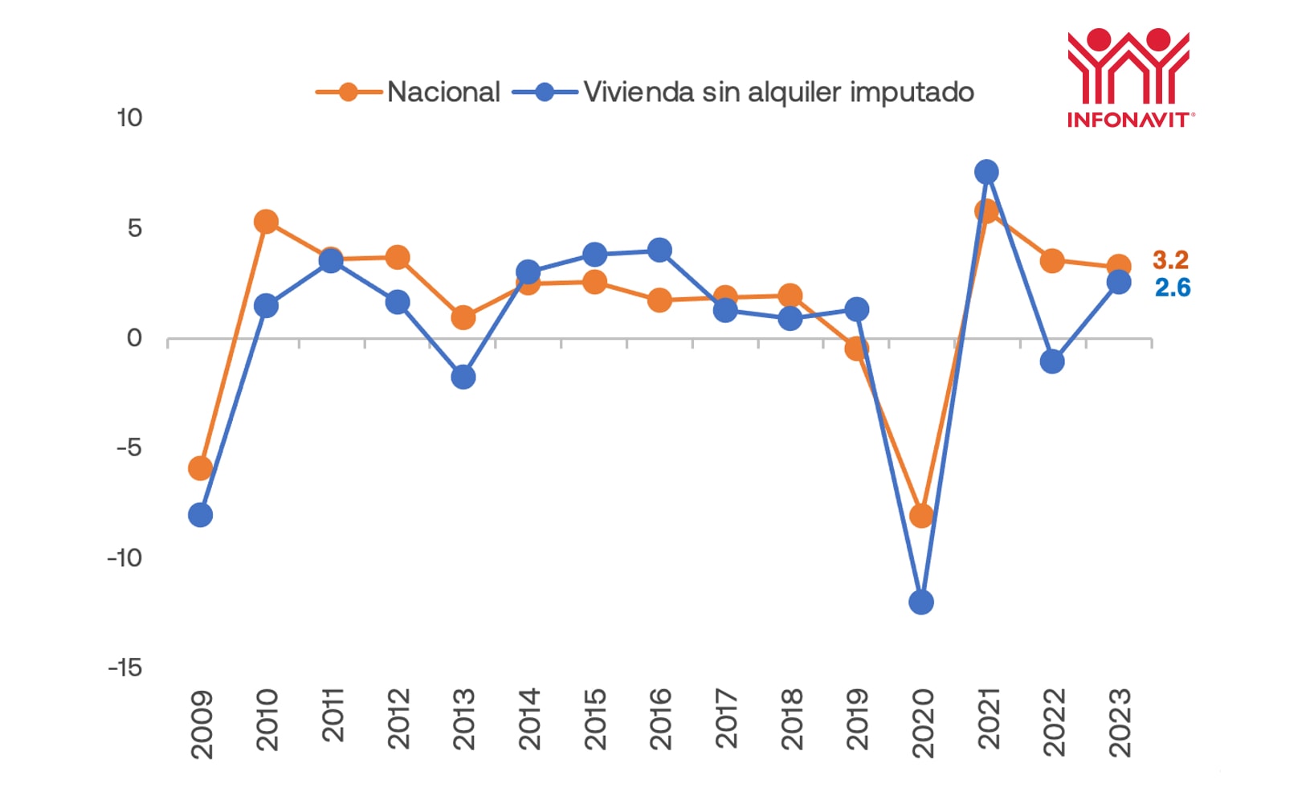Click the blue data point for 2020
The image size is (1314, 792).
click(921, 602)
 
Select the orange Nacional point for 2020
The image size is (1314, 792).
click(921, 515)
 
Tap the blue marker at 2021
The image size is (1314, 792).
click(986, 172)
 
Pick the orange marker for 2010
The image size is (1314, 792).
click(266, 222)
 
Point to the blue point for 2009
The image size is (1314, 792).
click(200, 515)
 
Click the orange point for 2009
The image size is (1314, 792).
click(200, 468)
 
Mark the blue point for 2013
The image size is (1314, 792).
click(463, 377)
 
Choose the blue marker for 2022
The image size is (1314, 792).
click(1052, 361)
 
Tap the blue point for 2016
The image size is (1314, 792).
click(659, 250)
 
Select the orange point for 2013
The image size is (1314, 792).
click(463, 318)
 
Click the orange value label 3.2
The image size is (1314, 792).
click(1170, 260)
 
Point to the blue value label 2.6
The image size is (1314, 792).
click(1173, 288)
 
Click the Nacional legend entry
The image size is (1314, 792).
click(443, 92)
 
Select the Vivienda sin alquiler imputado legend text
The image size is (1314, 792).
click(778, 92)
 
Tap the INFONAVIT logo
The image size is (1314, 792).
click(1128, 79)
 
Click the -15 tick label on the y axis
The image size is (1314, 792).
click(125, 667)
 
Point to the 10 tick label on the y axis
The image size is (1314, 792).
click(129, 118)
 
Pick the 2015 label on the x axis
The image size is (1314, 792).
click(594, 719)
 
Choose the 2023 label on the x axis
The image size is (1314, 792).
click(1119, 722)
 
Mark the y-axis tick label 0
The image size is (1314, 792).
click(134, 338)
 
